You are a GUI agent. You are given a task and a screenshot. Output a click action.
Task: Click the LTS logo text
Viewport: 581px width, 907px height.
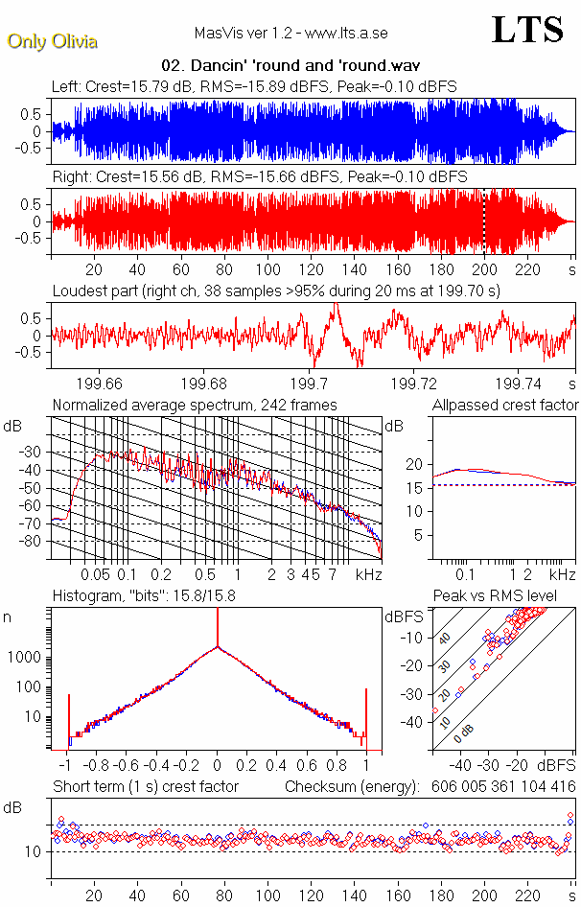tap(527, 30)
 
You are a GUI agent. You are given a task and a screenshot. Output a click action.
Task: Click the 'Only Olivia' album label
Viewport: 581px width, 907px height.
tap(52, 41)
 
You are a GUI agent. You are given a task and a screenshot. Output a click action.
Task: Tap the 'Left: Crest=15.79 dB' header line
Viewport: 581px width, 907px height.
tap(254, 86)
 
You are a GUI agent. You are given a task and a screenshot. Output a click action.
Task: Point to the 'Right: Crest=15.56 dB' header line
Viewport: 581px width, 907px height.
tap(259, 177)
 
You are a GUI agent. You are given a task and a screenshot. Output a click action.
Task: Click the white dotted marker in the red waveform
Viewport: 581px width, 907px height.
tap(484, 221)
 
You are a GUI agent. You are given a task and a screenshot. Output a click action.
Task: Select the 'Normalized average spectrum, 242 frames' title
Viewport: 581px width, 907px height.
tap(195, 405)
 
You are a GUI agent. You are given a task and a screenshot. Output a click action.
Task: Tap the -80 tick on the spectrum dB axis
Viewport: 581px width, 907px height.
tap(36, 542)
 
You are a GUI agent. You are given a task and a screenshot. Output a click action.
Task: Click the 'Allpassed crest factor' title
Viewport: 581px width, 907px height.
tap(505, 405)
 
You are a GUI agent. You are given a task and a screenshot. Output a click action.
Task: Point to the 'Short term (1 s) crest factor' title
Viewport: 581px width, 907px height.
tap(145, 787)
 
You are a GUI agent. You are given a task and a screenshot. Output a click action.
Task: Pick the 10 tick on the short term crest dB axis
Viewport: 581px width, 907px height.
tap(31, 851)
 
